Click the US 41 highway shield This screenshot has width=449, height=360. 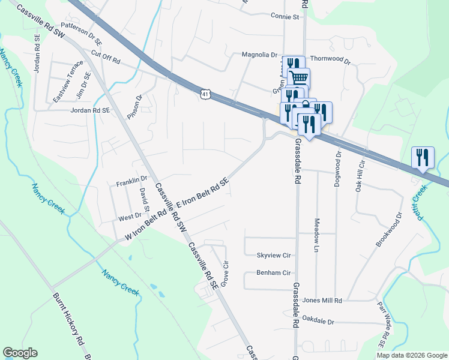click(205, 94)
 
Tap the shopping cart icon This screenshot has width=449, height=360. click(299, 77)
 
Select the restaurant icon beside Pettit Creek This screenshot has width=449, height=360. click(423, 157)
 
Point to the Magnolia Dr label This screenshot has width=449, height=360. click(258, 55)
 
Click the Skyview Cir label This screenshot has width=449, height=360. click(274, 255)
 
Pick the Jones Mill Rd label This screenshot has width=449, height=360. click(322, 300)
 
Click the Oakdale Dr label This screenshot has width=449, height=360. click(318, 322)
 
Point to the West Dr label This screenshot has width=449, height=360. click(130, 216)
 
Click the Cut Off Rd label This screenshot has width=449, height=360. click(106, 57)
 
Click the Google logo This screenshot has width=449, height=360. click(20, 353)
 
